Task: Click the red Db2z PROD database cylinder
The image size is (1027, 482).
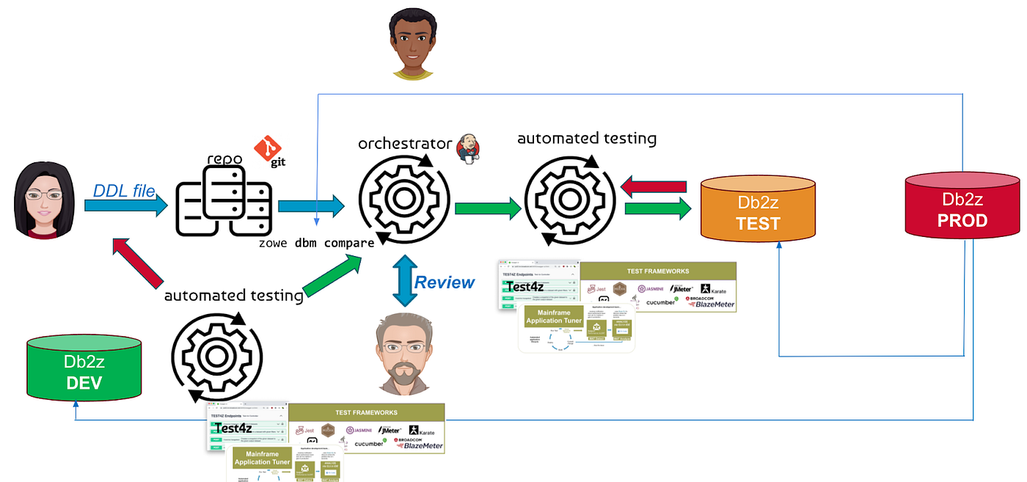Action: point(964,210)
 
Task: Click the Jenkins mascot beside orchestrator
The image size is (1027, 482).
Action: point(469,147)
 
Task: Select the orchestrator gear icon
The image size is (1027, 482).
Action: point(404,198)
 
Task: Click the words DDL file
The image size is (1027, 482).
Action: point(124,191)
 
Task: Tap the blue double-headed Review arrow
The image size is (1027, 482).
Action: point(403,280)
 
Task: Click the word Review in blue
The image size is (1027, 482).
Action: point(445,282)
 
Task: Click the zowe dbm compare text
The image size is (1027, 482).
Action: point(316,242)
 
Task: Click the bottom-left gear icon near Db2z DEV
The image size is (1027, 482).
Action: point(217,357)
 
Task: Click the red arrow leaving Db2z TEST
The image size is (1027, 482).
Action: point(654,187)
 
